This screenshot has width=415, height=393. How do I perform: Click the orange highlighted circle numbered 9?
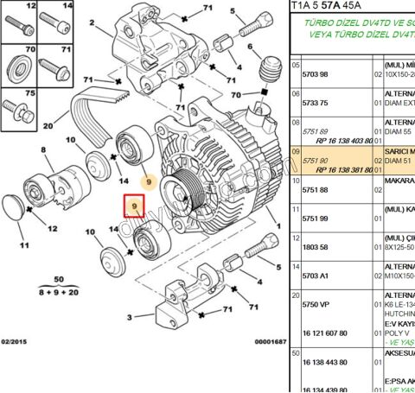(149, 183)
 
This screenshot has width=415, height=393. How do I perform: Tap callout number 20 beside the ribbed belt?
(48, 126)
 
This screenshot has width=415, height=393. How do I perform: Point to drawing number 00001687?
(270, 343)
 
